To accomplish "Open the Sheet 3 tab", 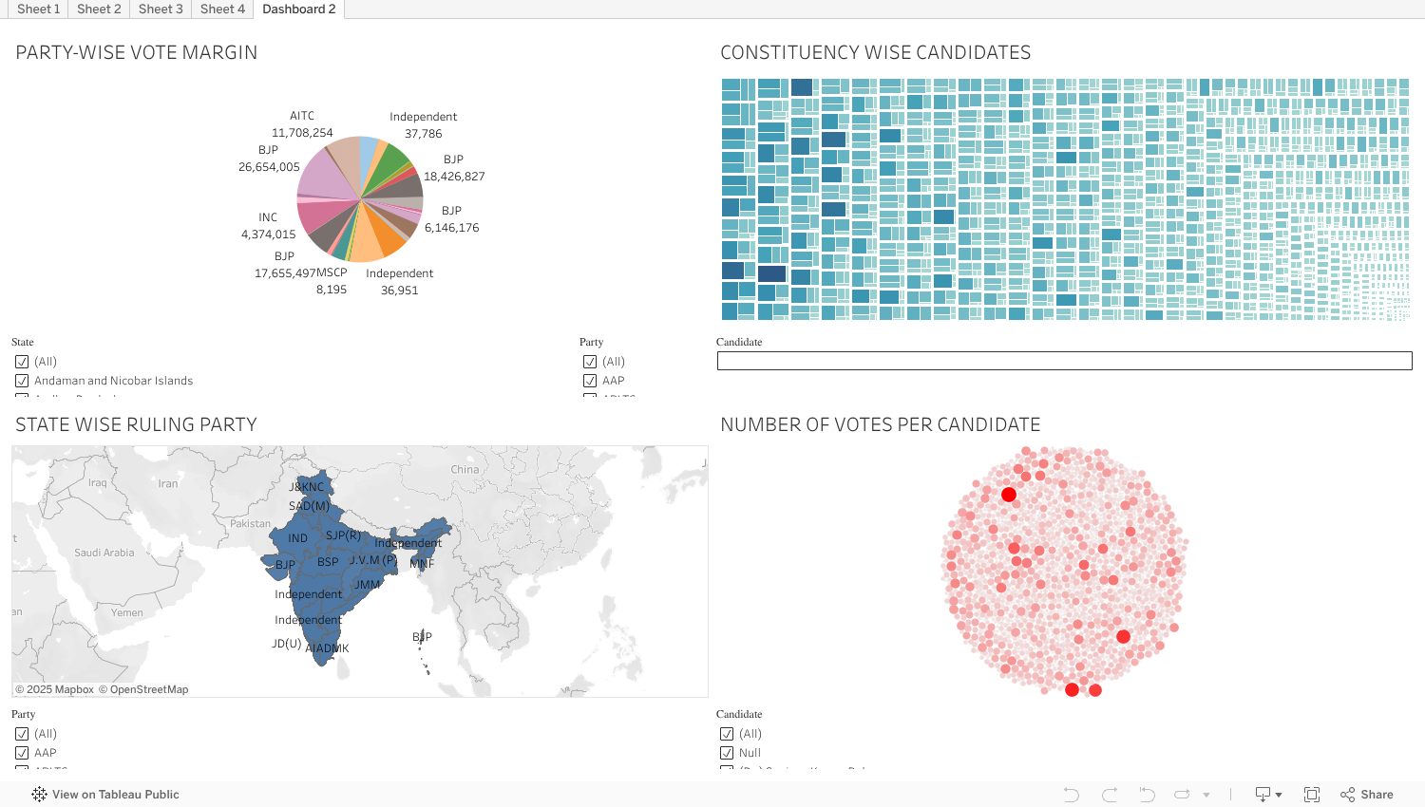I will (x=161, y=9).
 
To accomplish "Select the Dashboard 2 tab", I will (x=298, y=9).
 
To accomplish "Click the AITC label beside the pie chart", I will (x=302, y=116).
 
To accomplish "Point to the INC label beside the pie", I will (x=268, y=217).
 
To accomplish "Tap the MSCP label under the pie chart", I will (x=332, y=272).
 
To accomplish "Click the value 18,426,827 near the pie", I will (x=454, y=177).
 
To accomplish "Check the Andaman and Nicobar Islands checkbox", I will (x=22, y=381).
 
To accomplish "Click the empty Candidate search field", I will (x=1064, y=361).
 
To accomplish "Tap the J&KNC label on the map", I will (x=307, y=487).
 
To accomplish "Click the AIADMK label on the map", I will (x=328, y=648).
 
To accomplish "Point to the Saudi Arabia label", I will (x=104, y=553).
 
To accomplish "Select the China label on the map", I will (x=465, y=469).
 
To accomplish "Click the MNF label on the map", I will (x=422, y=564).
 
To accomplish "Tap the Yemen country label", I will (x=126, y=612).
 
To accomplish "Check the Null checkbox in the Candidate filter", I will (x=727, y=753).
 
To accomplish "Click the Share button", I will (x=1367, y=795).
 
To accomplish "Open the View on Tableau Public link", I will (x=115, y=795).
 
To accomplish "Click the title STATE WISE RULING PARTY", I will (x=136, y=424).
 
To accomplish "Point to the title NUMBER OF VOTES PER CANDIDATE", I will (x=880, y=424).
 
